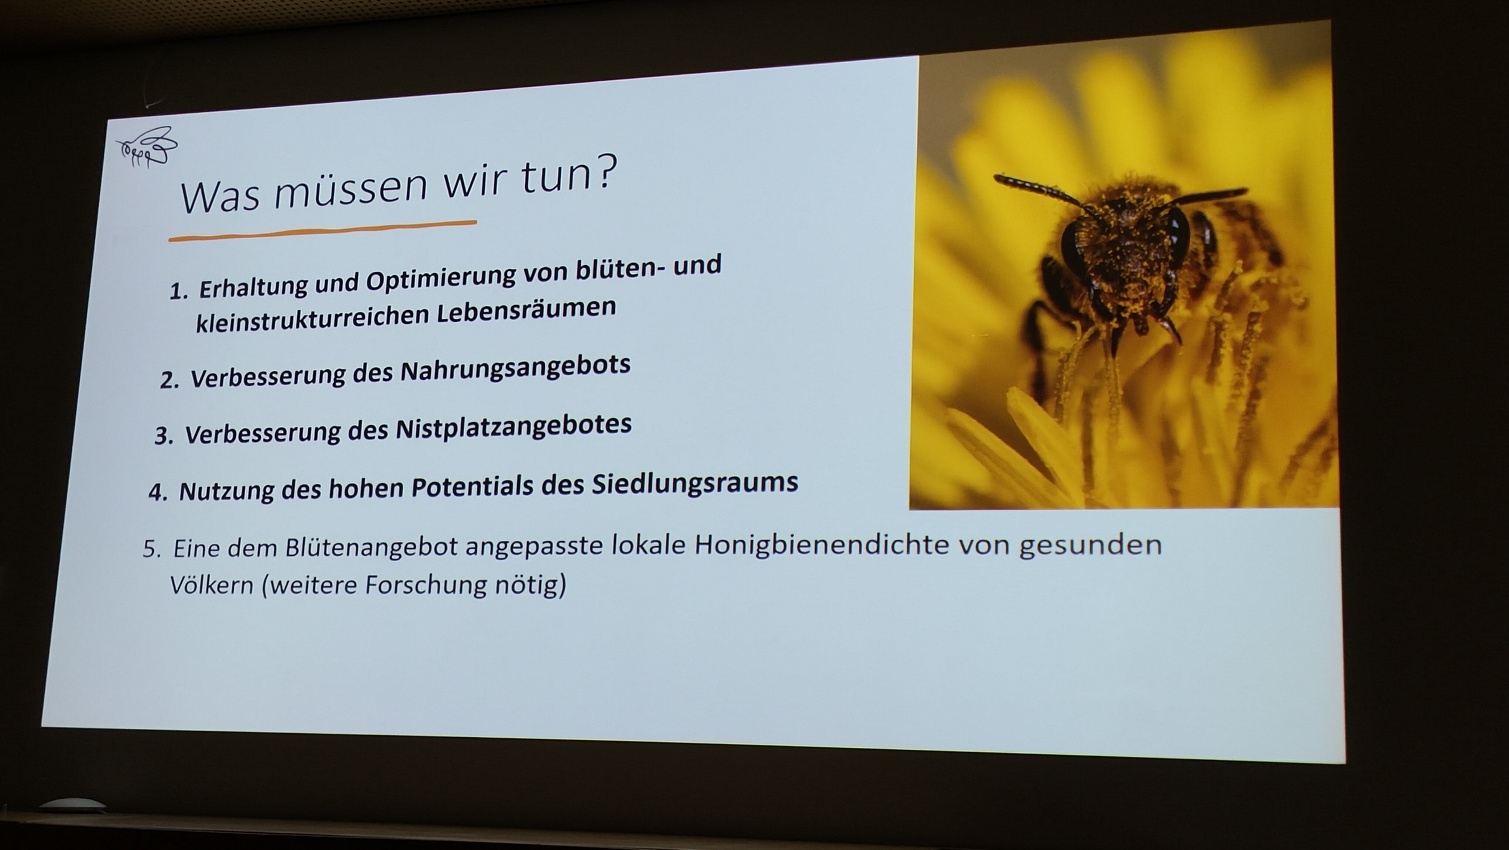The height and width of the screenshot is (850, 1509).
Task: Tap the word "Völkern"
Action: click(212, 585)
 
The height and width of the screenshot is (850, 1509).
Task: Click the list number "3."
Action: click(164, 436)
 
